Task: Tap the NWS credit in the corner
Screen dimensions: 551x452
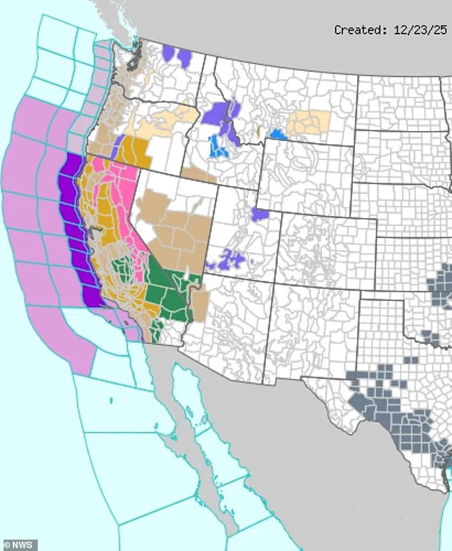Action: pyautogui.click(x=19, y=545)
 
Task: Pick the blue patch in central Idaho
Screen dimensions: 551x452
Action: pyautogui.click(x=219, y=145)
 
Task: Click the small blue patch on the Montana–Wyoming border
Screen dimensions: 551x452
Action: pyautogui.click(x=278, y=134)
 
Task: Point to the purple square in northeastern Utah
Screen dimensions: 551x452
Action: pyautogui.click(x=260, y=213)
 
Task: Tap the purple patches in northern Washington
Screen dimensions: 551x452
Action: pyautogui.click(x=178, y=55)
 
